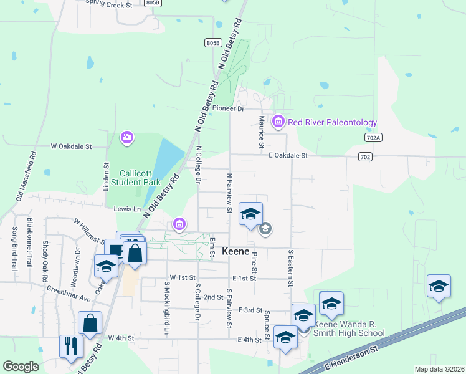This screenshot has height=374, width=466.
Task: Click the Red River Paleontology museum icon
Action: (x=278, y=121)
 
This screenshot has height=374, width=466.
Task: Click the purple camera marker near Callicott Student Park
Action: (x=127, y=137)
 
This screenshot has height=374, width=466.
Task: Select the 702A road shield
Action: (x=373, y=137)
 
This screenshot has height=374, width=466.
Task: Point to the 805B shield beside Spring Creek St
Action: (x=152, y=3)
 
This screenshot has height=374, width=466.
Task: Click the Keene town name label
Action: (x=236, y=251)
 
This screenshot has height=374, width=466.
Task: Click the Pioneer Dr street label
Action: (x=228, y=108)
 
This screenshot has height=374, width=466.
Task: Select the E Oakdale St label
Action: (x=288, y=156)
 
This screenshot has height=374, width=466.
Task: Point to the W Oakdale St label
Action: (x=71, y=146)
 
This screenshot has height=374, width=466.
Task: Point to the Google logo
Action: (x=21, y=367)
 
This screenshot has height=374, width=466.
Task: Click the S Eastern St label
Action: (x=290, y=268)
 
